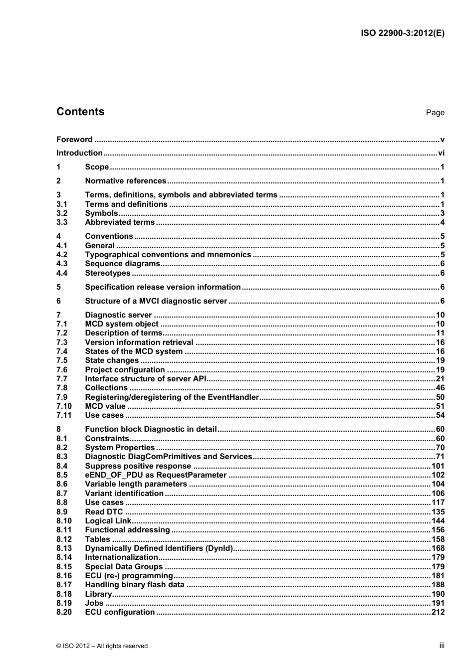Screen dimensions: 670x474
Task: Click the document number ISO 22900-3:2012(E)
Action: [402, 33]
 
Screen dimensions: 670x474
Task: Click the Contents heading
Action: [80, 112]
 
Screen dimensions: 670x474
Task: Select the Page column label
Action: [435, 113]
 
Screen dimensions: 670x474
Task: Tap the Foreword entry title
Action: [74, 140]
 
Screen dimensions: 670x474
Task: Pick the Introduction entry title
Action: [79, 153]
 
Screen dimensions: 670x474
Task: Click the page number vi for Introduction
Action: [441, 153]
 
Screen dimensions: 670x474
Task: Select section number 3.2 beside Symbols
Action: [62, 213]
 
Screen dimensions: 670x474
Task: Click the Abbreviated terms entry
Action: [120, 222]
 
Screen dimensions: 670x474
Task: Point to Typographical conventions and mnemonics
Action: [168, 255]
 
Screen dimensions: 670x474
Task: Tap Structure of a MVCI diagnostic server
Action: [156, 301]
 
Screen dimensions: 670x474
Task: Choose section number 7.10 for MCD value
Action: [64, 406]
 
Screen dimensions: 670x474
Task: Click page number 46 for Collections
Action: [440, 388]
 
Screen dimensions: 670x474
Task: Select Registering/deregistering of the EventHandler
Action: [172, 397]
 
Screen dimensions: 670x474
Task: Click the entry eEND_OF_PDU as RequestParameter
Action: [156, 475]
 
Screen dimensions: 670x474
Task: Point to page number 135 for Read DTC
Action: [438, 512]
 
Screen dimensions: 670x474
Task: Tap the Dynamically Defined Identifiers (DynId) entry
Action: [159, 548]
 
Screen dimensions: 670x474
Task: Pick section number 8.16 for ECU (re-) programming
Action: [64, 576]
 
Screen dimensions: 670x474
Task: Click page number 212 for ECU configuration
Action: [438, 612]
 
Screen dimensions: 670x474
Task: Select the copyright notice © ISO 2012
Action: [102, 646]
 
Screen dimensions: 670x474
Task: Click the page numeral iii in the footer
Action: [442, 646]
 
